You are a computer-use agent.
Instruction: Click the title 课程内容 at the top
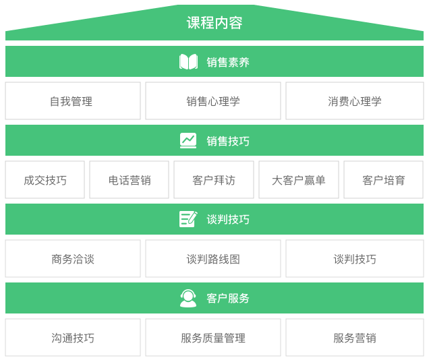(214, 23)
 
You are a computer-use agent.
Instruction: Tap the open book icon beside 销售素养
(188, 62)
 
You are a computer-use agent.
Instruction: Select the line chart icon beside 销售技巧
(188, 140)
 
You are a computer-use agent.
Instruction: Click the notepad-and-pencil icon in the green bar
(188, 219)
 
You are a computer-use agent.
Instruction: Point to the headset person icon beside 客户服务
(188, 298)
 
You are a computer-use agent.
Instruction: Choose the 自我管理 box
(73, 101)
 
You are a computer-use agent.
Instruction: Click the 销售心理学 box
(213, 101)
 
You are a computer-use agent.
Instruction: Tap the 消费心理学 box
(354, 101)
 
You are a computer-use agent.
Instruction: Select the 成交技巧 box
(45, 180)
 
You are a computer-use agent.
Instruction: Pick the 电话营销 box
(130, 180)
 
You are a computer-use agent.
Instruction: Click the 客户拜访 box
(214, 180)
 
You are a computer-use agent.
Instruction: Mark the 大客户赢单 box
(298, 180)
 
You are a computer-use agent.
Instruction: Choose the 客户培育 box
(383, 180)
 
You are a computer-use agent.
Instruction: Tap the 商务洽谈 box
(73, 259)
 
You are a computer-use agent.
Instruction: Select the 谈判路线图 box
(213, 259)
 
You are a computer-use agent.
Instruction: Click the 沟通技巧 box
(73, 338)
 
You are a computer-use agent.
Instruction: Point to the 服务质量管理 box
(213, 338)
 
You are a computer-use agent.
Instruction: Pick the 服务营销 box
(354, 338)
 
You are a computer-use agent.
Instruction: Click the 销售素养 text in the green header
(228, 62)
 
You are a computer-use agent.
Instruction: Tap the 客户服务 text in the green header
(228, 298)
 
